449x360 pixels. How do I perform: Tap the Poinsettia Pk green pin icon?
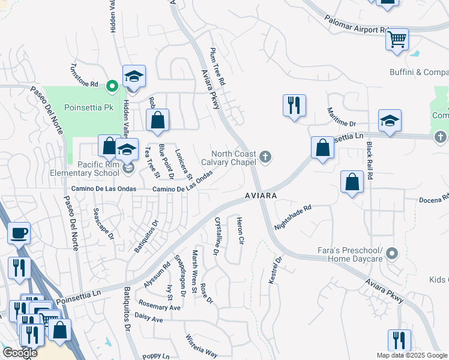click(111, 86)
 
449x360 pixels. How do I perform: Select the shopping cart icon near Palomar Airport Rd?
click(397, 40)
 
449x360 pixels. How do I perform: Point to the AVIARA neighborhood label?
click(261, 196)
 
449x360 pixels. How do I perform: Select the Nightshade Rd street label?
click(293, 218)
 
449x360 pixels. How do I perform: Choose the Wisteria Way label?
click(202, 345)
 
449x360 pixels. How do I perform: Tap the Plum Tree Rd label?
click(217, 66)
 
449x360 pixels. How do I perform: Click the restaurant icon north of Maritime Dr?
click(294, 105)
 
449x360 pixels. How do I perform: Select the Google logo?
click(20, 353)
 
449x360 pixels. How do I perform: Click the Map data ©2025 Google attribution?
click(412, 355)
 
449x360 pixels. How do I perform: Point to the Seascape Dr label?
click(103, 224)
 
